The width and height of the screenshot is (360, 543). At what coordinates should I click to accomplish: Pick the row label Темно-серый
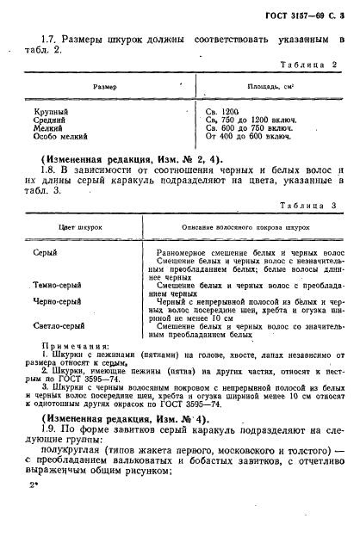tap(57, 283)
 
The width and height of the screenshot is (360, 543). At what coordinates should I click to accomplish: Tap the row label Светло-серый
tap(58, 327)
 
